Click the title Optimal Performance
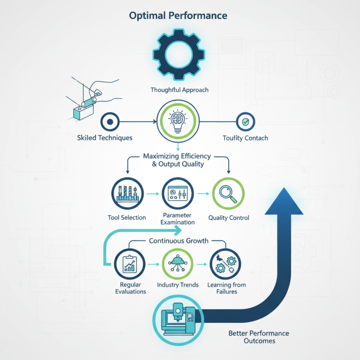click(x=178, y=16)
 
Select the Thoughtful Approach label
click(x=180, y=90)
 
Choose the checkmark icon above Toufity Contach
click(x=245, y=121)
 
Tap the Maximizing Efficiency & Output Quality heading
click(x=177, y=160)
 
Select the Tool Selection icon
click(x=126, y=193)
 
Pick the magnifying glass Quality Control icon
click(x=228, y=193)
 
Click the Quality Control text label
click(x=229, y=218)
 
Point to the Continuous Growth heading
click(x=179, y=241)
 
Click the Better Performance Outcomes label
click(x=259, y=337)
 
